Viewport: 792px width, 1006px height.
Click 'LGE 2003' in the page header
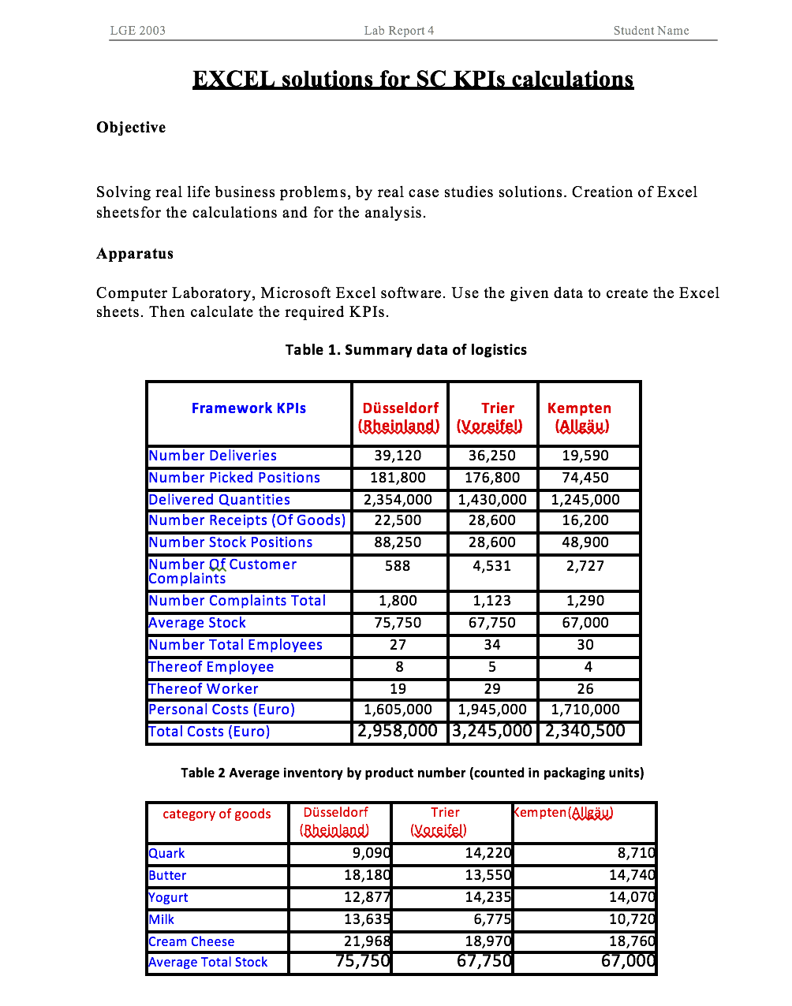pyautogui.click(x=137, y=31)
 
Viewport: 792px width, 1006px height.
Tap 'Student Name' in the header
pyautogui.click(x=651, y=31)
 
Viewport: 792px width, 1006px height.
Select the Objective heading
pyautogui.click(x=131, y=128)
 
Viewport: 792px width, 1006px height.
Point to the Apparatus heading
pyautogui.click(x=135, y=254)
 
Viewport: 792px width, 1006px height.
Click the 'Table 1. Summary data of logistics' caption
pyautogui.click(x=405, y=350)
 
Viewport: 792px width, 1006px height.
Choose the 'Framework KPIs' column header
pyautogui.click(x=248, y=408)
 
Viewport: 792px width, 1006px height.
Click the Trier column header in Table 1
pyautogui.click(x=497, y=408)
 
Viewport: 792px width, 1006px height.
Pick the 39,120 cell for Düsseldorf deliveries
pyautogui.click(x=398, y=456)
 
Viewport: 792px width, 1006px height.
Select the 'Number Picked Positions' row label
pyautogui.click(x=234, y=478)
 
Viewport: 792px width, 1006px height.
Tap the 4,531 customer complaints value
pyautogui.click(x=491, y=566)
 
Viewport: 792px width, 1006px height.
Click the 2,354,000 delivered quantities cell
pyautogui.click(x=398, y=500)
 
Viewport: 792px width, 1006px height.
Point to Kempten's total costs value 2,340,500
pyautogui.click(x=585, y=731)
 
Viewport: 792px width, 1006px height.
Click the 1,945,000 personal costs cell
pyautogui.click(x=491, y=710)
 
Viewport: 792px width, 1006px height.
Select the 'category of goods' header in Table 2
pyautogui.click(x=216, y=814)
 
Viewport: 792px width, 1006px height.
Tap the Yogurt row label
pyautogui.click(x=168, y=898)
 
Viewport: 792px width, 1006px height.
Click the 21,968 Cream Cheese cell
pyautogui.click(x=367, y=941)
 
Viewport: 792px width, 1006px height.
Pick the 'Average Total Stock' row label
pyautogui.click(x=208, y=963)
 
